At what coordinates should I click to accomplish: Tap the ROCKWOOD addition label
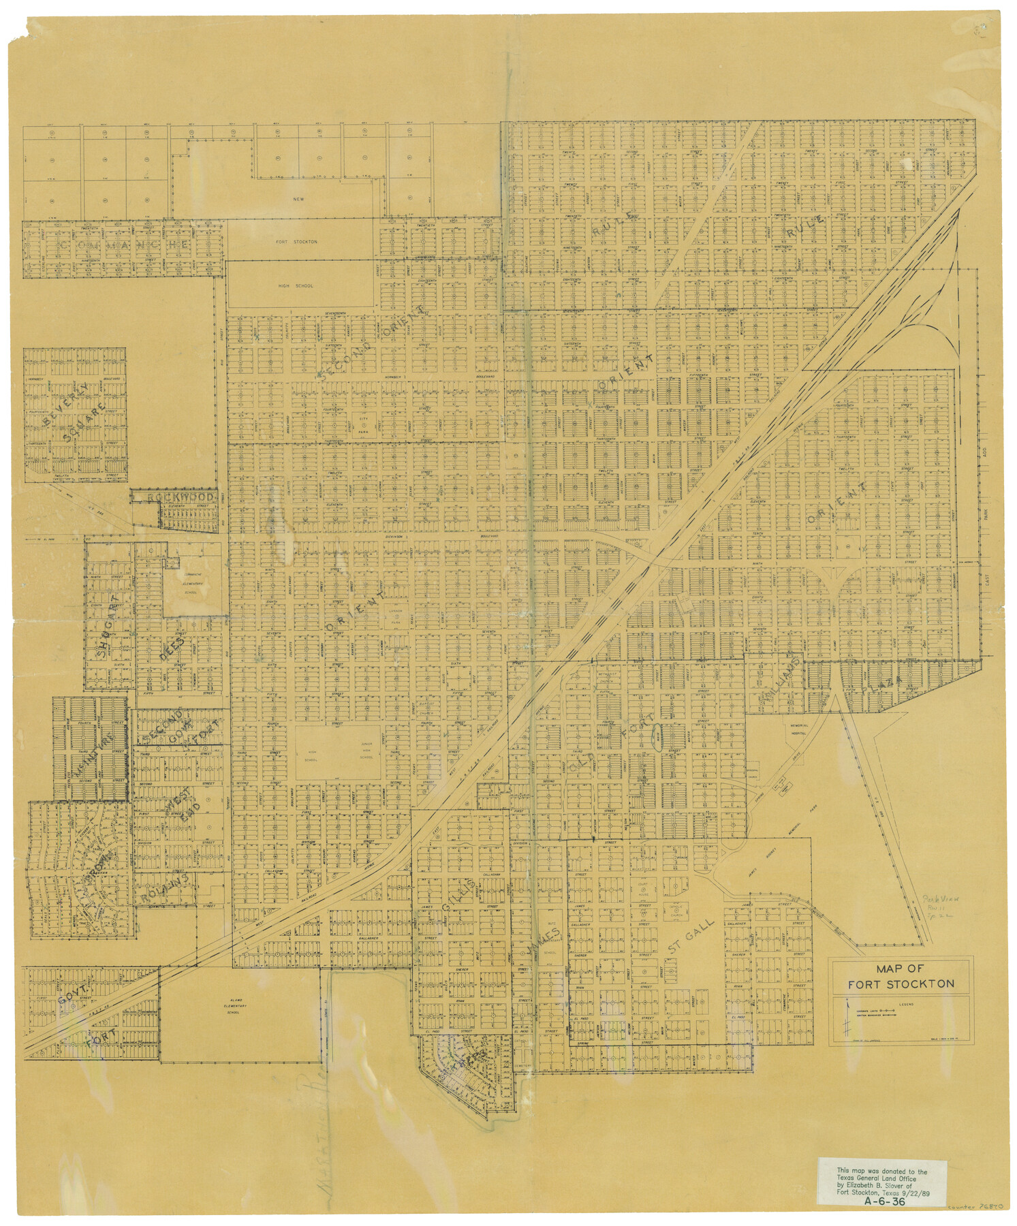point(183,499)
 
